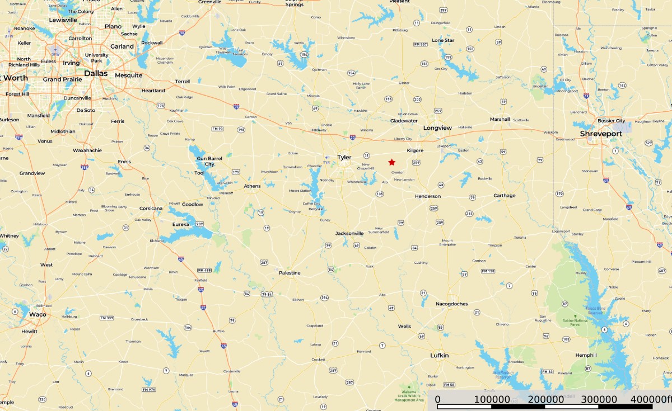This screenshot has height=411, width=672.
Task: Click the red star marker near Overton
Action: pos(391,162)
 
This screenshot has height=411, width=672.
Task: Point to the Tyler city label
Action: pos(344,157)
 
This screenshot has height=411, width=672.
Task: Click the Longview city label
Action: pos(437,128)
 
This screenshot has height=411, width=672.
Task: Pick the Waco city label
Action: pos(38,314)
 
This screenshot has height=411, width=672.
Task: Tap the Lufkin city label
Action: pos(440,355)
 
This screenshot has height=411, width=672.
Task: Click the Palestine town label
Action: pos(290,273)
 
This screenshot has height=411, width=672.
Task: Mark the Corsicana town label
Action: pos(151,209)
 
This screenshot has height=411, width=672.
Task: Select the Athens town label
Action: pos(252,186)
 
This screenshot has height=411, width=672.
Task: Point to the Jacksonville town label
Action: pos(349,233)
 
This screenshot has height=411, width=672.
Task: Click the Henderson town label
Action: pos(428,196)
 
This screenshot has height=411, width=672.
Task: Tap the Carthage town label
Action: pos(504,196)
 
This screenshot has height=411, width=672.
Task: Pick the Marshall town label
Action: pos(500,119)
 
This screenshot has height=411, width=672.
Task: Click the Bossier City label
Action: pos(612,121)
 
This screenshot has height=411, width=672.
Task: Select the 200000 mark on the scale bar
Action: pos(547,399)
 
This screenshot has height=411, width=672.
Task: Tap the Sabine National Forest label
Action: pos(575,322)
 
